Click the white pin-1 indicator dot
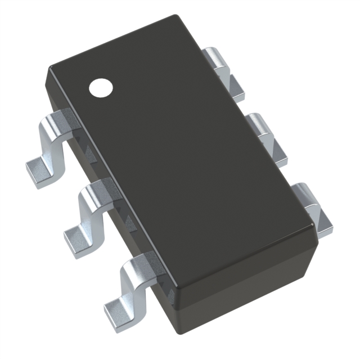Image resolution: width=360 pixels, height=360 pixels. tap(102, 87)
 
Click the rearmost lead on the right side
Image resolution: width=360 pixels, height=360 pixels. tap(223, 67)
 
